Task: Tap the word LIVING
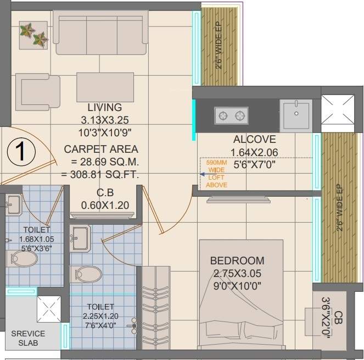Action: pos(104,107)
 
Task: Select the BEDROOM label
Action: pos(237,261)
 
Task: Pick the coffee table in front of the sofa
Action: pos(105,86)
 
